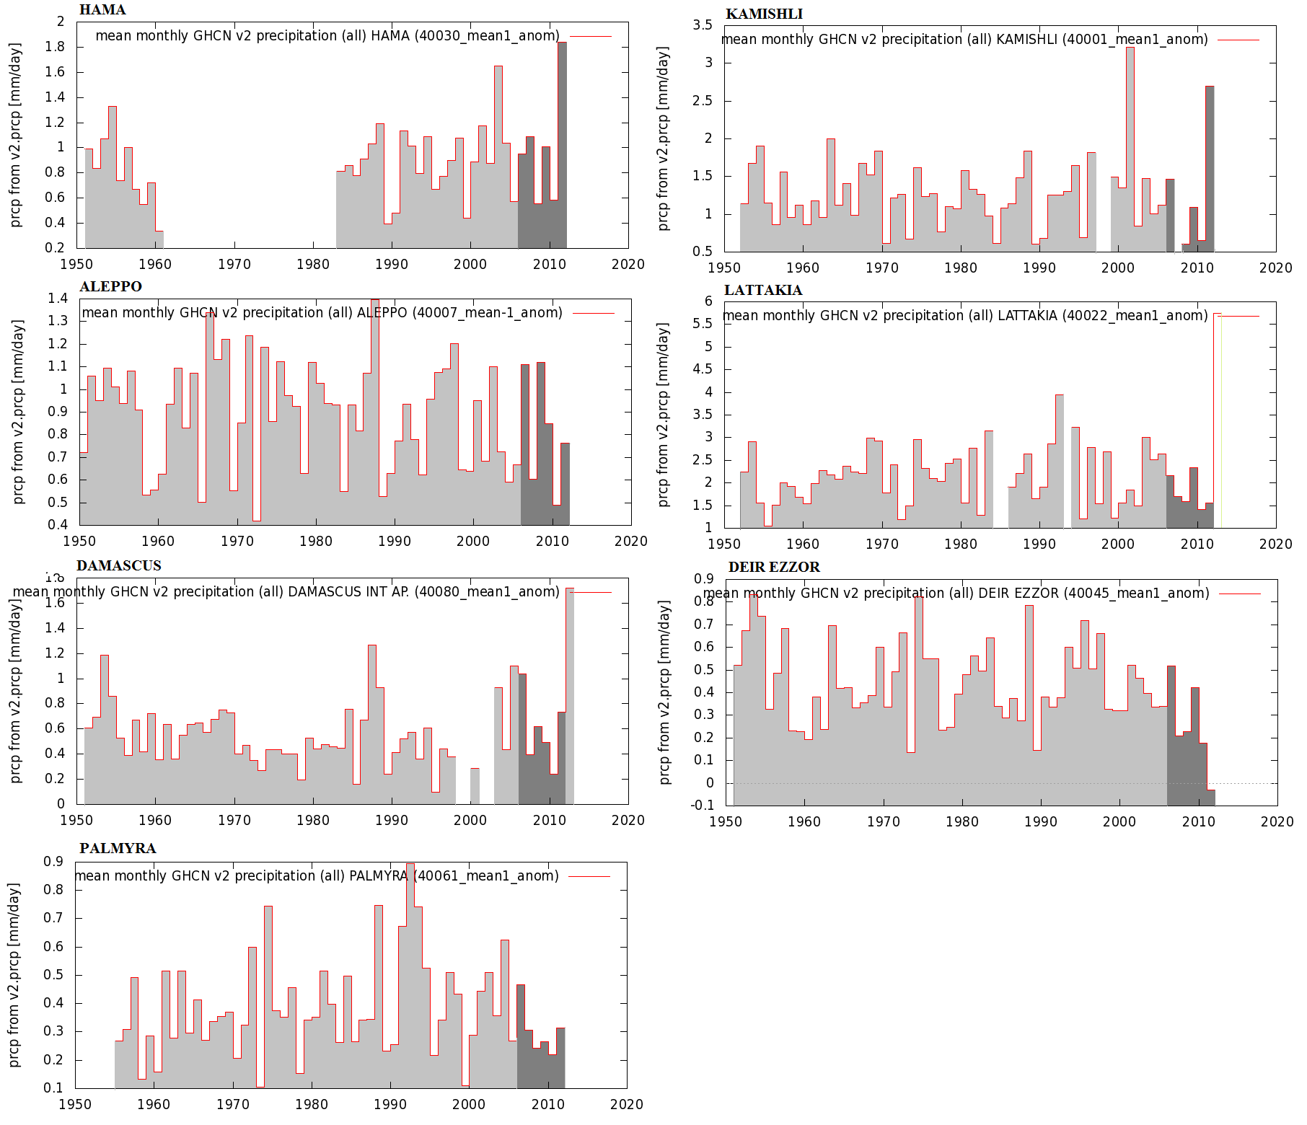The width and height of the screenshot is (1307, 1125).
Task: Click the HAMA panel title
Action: (x=102, y=10)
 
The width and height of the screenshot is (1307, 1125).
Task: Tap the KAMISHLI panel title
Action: (x=764, y=14)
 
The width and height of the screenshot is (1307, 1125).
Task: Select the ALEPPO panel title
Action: (x=110, y=287)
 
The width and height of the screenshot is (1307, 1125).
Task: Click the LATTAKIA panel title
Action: (x=763, y=291)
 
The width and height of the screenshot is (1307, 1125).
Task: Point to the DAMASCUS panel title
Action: (x=119, y=566)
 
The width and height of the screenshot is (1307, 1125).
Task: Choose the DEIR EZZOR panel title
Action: (x=774, y=568)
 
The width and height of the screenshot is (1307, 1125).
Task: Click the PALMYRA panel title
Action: (x=118, y=849)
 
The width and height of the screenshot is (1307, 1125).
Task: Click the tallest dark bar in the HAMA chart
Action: (x=562, y=144)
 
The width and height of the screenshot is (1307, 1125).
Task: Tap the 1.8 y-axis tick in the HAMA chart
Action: (x=56, y=47)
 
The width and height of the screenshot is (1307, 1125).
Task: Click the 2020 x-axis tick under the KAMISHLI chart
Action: (x=1275, y=268)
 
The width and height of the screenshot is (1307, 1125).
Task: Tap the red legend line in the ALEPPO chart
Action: (x=593, y=313)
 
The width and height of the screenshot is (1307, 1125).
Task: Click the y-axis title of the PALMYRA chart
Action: (x=14, y=975)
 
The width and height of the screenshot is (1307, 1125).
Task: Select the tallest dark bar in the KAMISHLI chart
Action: (x=1210, y=169)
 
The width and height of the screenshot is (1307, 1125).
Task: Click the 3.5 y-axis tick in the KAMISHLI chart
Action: (x=702, y=25)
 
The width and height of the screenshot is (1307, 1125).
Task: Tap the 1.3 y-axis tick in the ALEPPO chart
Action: (x=58, y=321)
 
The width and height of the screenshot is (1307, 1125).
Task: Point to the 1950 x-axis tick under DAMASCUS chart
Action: (x=76, y=821)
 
